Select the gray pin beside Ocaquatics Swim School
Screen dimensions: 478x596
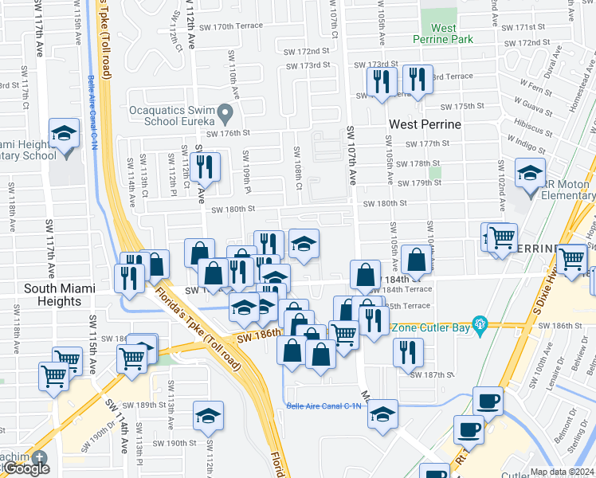(225, 115)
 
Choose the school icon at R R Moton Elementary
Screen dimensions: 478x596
(530, 173)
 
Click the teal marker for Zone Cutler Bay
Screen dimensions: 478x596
(479, 324)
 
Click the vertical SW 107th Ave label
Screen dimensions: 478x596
(351, 155)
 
